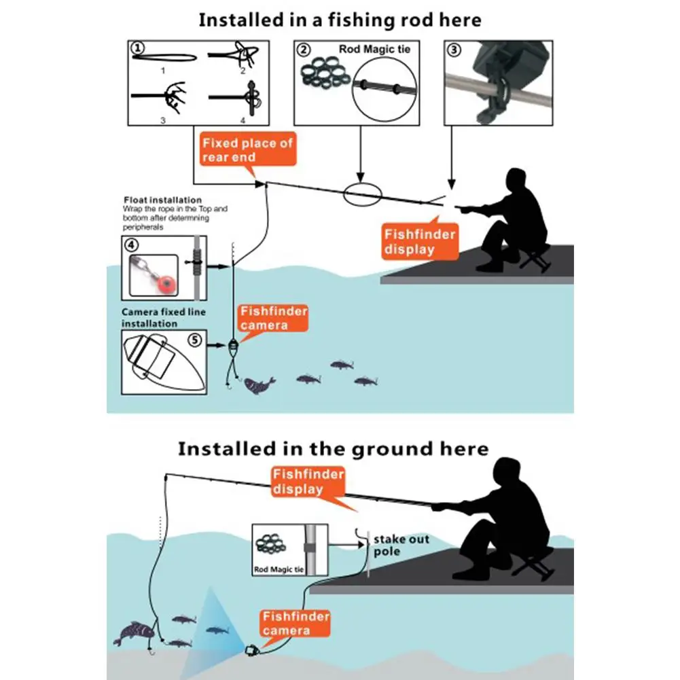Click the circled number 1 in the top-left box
(138, 48)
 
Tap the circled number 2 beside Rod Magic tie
(304, 50)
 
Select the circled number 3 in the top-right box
(453, 49)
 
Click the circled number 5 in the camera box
(195, 340)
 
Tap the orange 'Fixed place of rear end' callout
(247, 150)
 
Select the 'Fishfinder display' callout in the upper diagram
(420, 243)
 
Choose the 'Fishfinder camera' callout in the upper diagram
(272, 319)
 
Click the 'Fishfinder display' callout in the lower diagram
(307, 481)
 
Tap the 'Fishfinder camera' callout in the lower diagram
(296, 624)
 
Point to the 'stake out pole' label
(401, 545)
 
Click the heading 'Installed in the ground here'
(333, 449)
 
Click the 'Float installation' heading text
(162, 200)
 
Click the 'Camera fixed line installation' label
(163, 318)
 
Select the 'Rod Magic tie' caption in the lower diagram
(279, 570)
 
